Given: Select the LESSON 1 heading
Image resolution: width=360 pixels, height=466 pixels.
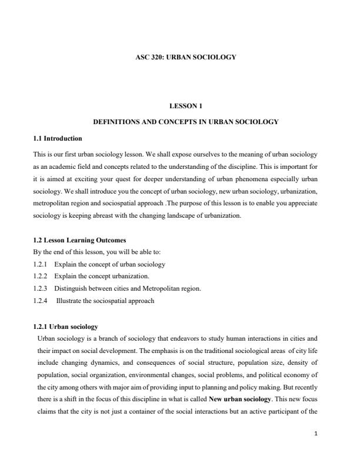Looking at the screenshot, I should coord(186,106).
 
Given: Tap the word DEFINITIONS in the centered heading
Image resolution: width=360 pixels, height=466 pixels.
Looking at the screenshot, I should coord(119,122).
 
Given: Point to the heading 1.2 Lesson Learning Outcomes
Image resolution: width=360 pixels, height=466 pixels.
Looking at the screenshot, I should coord(79,240).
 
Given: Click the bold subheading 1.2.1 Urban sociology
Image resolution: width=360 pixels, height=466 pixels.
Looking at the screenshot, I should coord(66,326).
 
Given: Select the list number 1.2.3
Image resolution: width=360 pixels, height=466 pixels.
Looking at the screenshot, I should coord(42,288).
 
